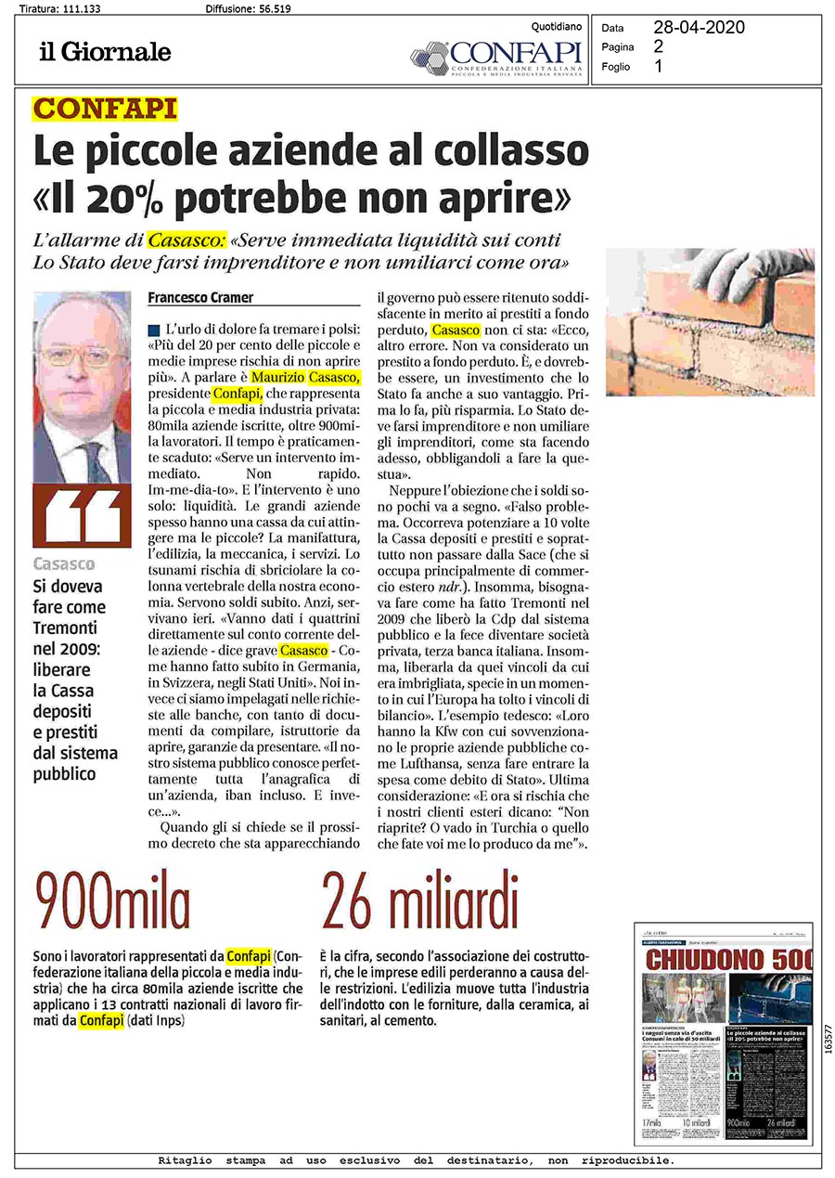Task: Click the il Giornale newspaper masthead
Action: point(105,52)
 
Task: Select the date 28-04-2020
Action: point(699,28)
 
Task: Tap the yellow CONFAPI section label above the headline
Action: point(104,110)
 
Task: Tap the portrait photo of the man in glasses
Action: point(82,386)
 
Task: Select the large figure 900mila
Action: point(112,906)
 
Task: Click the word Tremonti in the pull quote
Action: point(67,627)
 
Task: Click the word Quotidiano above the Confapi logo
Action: point(557,27)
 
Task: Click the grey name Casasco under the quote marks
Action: point(64,563)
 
